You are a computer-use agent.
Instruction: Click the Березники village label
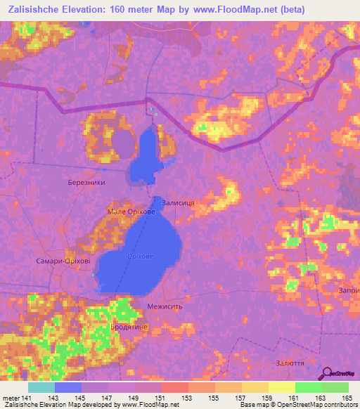point(86,182)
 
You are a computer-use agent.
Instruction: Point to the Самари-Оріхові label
point(63,260)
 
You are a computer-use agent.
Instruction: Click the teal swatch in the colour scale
point(41,387)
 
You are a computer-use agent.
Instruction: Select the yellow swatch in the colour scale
point(281,387)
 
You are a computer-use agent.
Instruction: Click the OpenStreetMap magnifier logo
point(327,375)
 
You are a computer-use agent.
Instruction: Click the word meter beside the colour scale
point(11,398)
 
